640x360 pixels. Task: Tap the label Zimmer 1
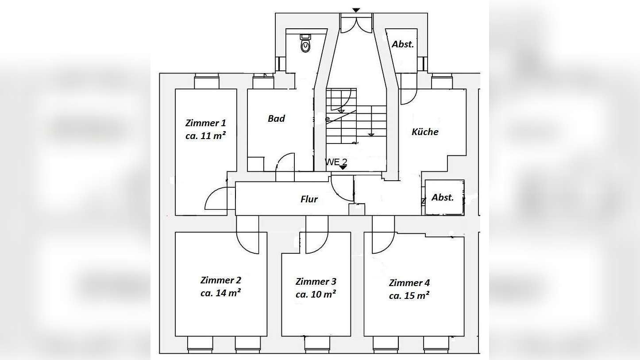pyautogui.click(x=205, y=123)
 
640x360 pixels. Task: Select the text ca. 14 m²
pyautogui.click(x=220, y=293)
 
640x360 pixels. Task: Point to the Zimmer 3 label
pyautogui.click(x=316, y=282)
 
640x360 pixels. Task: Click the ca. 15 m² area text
pyautogui.click(x=409, y=295)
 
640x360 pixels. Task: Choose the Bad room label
pyautogui.click(x=276, y=118)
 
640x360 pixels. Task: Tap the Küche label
pyautogui.click(x=425, y=132)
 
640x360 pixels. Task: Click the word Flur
pyautogui.click(x=309, y=199)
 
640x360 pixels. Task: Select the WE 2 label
pyautogui.click(x=336, y=162)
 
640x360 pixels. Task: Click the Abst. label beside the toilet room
pyautogui.click(x=403, y=44)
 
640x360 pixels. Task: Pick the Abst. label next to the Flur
pyautogui.click(x=443, y=197)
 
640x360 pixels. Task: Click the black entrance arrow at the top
pyautogui.click(x=356, y=10)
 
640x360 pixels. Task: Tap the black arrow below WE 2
pyautogui.click(x=343, y=167)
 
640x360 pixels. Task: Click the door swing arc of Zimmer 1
pyautogui.click(x=217, y=198)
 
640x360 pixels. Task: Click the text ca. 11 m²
pyautogui.click(x=205, y=136)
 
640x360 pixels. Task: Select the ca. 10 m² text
pyautogui.click(x=316, y=294)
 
